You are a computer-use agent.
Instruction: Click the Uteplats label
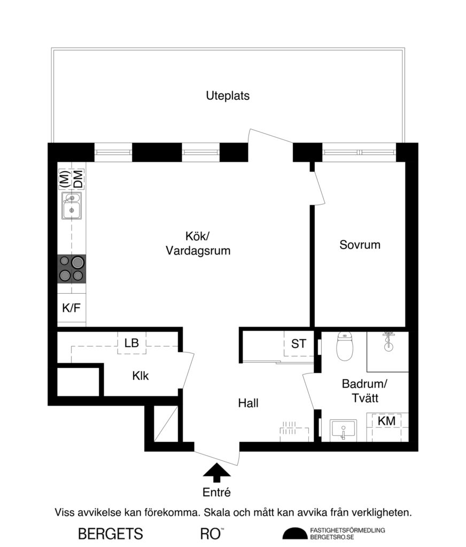click(x=228, y=96)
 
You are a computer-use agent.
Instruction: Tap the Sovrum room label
click(x=360, y=245)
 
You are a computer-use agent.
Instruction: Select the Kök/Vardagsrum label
click(x=198, y=243)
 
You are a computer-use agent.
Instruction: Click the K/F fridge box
click(x=71, y=308)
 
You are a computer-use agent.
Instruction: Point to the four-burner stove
click(x=72, y=269)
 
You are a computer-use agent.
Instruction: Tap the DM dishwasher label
click(x=79, y=178)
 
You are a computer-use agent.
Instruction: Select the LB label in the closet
click(x=131, y=343)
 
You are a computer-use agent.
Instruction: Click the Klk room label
click(x=141, y=376)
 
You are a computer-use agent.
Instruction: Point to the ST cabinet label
click(x=298, y=344)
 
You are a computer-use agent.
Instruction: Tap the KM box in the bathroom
click(x=386, y=421)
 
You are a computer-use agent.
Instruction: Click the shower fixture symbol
click(x=389, y=342)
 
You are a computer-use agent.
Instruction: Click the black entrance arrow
click(x=217, y=471)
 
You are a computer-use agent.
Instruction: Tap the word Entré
click(x=216, y=492)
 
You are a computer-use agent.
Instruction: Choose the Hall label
click(x=248, y=403)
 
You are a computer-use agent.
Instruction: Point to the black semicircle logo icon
click(x=299, y=534)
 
